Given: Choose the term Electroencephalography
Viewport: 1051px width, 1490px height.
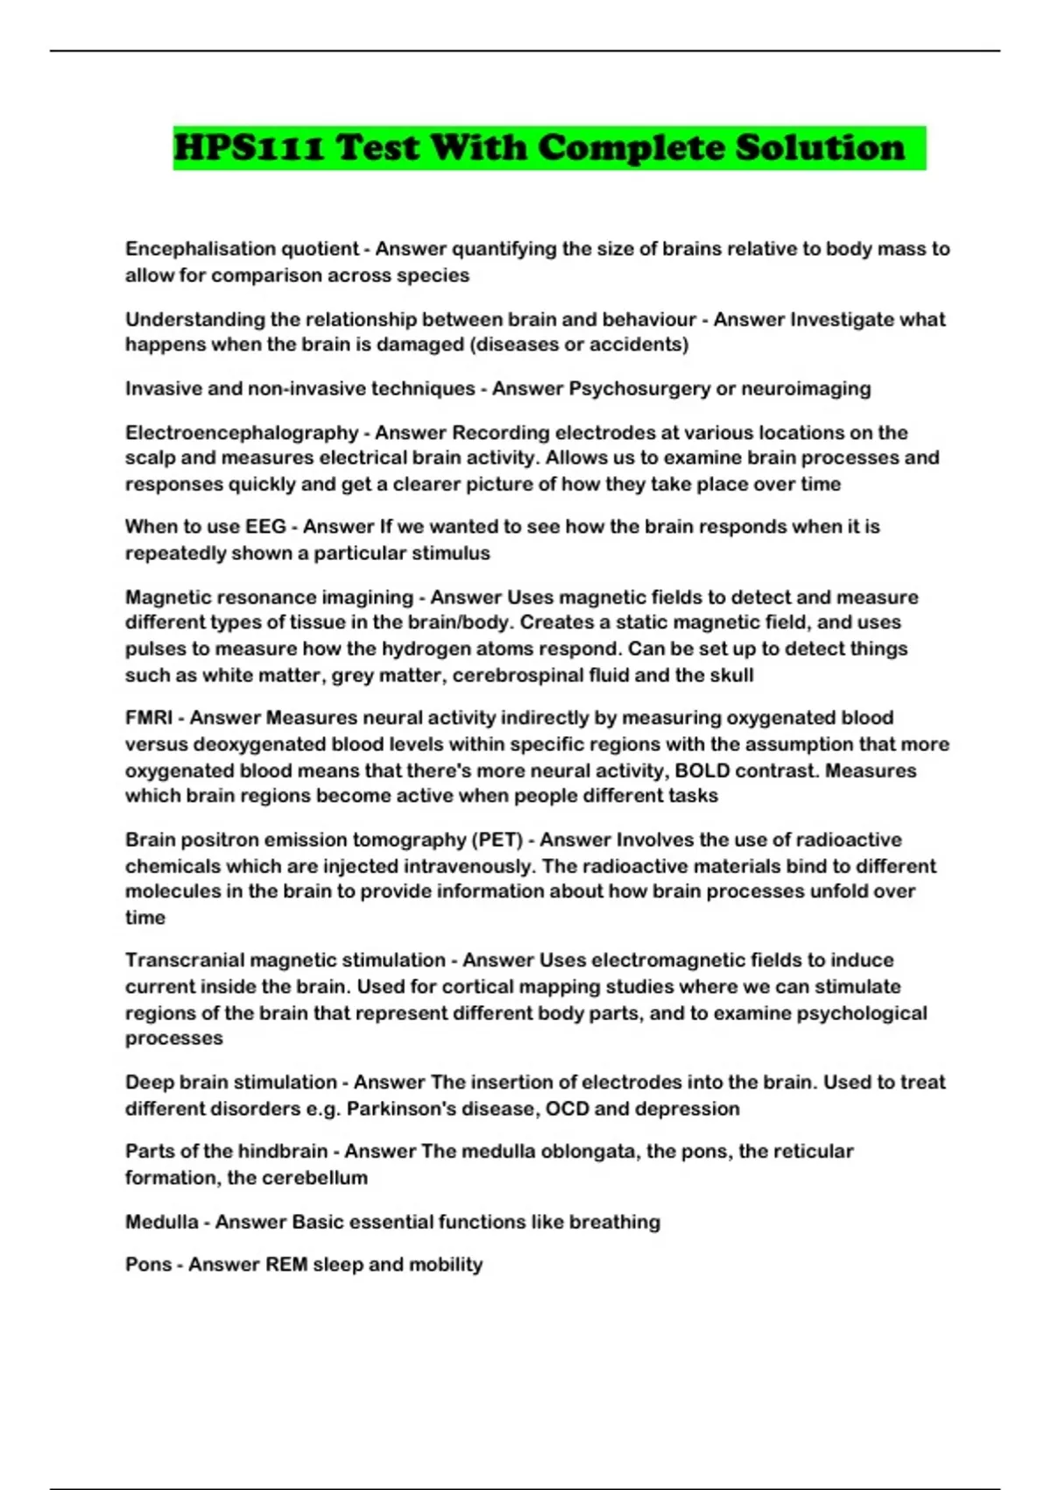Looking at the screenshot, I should click(242, 432).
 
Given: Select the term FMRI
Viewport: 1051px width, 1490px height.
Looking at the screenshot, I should click(149, 718).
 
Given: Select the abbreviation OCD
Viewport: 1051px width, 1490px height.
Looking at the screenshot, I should click(567, 1108).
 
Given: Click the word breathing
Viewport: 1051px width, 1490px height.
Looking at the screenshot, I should click(615, 1221).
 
